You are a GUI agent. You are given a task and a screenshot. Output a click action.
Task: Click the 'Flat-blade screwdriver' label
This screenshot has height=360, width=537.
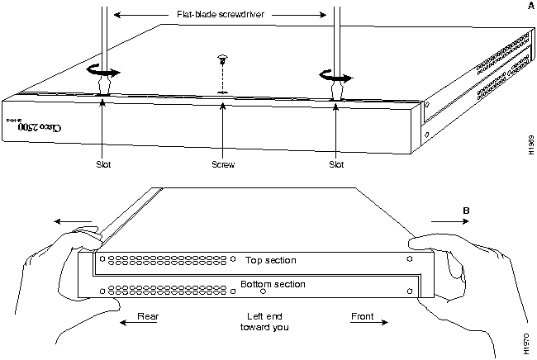pyautogui.click(x=222, y=14)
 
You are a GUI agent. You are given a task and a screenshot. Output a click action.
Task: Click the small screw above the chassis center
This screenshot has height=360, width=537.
pyautogui.click(x=221, y=61)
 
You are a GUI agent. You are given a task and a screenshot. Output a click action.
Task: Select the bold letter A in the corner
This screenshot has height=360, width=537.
pyautogui.click(x=528, y=7)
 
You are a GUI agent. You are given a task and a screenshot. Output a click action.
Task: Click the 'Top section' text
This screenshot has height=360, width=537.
pyautogui.click(x=269, y=260)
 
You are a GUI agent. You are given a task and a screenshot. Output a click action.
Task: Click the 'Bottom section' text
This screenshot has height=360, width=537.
pyautogui.click(x=273, y=284)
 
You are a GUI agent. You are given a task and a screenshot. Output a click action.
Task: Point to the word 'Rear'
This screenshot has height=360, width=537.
pyautogui.click(x=148, y=315)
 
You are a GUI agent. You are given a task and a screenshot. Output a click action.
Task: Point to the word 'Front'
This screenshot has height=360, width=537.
pyautogui.click(x=362, y=315)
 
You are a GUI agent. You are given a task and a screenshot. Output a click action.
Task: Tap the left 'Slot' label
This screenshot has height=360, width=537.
pyautogui.click(x=102, y=164)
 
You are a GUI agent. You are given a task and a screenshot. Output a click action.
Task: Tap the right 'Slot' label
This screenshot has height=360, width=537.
pyautogui.click(x=335, y=164)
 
